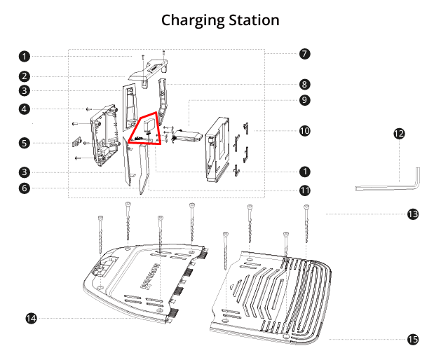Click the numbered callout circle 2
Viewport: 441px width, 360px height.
[25, 76]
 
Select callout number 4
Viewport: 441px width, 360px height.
[25, 109]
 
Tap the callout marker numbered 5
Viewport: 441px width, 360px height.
[25, 143]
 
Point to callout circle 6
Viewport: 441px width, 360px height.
[25, 188]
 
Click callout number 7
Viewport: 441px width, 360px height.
[304, 53]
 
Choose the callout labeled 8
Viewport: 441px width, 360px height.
[304, 84]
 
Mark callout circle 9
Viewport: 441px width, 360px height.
[304, 100]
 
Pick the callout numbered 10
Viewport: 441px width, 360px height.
[304, 131]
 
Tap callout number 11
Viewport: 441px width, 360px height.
[304, 190]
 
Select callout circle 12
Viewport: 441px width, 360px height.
[399, 133]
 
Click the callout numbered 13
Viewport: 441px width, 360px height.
[412, 214]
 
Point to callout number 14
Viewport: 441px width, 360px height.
[31, 318]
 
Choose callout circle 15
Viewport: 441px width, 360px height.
[412, 339]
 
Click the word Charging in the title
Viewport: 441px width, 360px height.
[191, 20]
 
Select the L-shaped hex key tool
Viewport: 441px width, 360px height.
[393, 184]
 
